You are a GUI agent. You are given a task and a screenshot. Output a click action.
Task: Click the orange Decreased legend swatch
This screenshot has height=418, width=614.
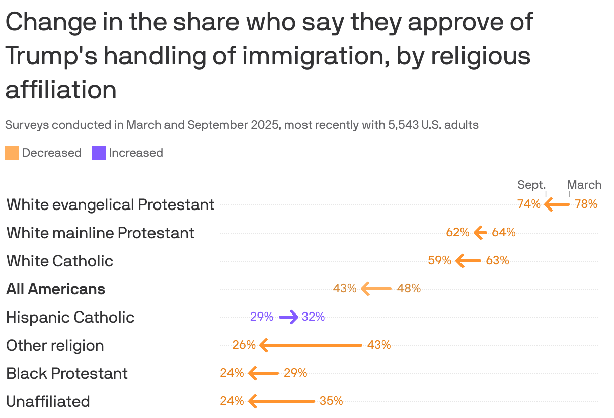(x=12, y=153)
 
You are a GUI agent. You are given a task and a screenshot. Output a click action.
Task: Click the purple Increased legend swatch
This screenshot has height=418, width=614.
(x=99, y=153)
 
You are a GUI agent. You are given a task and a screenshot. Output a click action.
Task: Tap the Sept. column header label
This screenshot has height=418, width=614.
(x=531, y=185)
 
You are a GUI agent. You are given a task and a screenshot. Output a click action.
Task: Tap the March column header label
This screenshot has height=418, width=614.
(x=584, y=185)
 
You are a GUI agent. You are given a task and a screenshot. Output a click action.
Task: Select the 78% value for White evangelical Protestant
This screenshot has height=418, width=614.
(x=586, y=204)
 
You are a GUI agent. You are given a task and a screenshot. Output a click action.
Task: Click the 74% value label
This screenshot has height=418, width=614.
(x=528, y=204)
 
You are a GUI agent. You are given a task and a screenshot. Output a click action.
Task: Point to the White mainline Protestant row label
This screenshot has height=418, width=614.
(x=100, y=233)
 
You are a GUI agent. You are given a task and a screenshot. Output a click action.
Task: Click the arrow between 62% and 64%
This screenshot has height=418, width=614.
(x=481, y=233)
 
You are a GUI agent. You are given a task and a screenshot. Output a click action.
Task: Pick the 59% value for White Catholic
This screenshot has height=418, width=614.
(x=439, y=261)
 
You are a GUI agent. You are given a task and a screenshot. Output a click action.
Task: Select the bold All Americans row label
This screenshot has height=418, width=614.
(x=55, y=289)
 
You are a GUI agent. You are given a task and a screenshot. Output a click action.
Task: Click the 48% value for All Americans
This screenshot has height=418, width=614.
(x=409, y=289)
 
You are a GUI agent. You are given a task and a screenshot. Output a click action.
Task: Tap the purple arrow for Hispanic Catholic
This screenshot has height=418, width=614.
(x=288, y=317)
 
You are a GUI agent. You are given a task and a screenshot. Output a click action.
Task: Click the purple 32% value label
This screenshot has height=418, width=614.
(x=313, y=317)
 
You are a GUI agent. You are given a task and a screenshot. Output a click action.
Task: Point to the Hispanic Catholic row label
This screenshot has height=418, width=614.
(x=70, y=318)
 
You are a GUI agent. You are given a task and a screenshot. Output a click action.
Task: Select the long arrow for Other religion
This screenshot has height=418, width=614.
(x=311, y=345)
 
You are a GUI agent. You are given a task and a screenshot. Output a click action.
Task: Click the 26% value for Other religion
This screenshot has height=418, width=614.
(x=244, y=345)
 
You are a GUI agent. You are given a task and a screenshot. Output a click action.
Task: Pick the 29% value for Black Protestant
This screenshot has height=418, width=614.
(x=295, y=373)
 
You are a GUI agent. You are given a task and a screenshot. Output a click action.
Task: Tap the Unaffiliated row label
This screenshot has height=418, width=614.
(x=48, y=402)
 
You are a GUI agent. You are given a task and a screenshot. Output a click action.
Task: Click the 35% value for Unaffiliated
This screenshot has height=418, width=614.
(x=331, y=401)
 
